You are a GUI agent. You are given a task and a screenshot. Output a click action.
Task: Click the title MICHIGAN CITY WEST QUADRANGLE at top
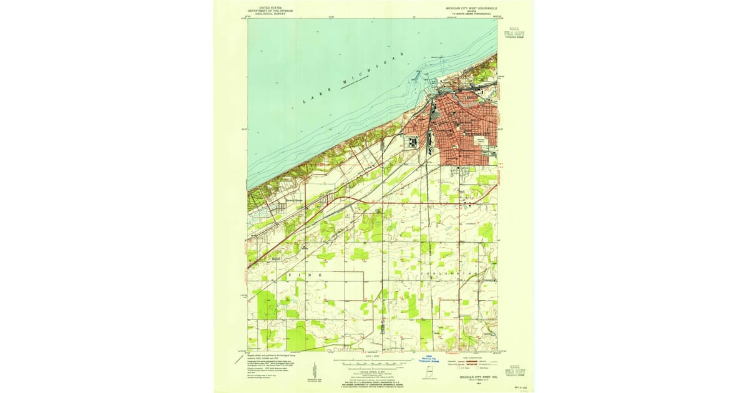(471, 9)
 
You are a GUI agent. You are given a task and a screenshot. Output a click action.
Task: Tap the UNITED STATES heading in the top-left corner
(270, 6)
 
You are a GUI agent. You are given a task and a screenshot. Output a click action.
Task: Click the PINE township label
(304, 275)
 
